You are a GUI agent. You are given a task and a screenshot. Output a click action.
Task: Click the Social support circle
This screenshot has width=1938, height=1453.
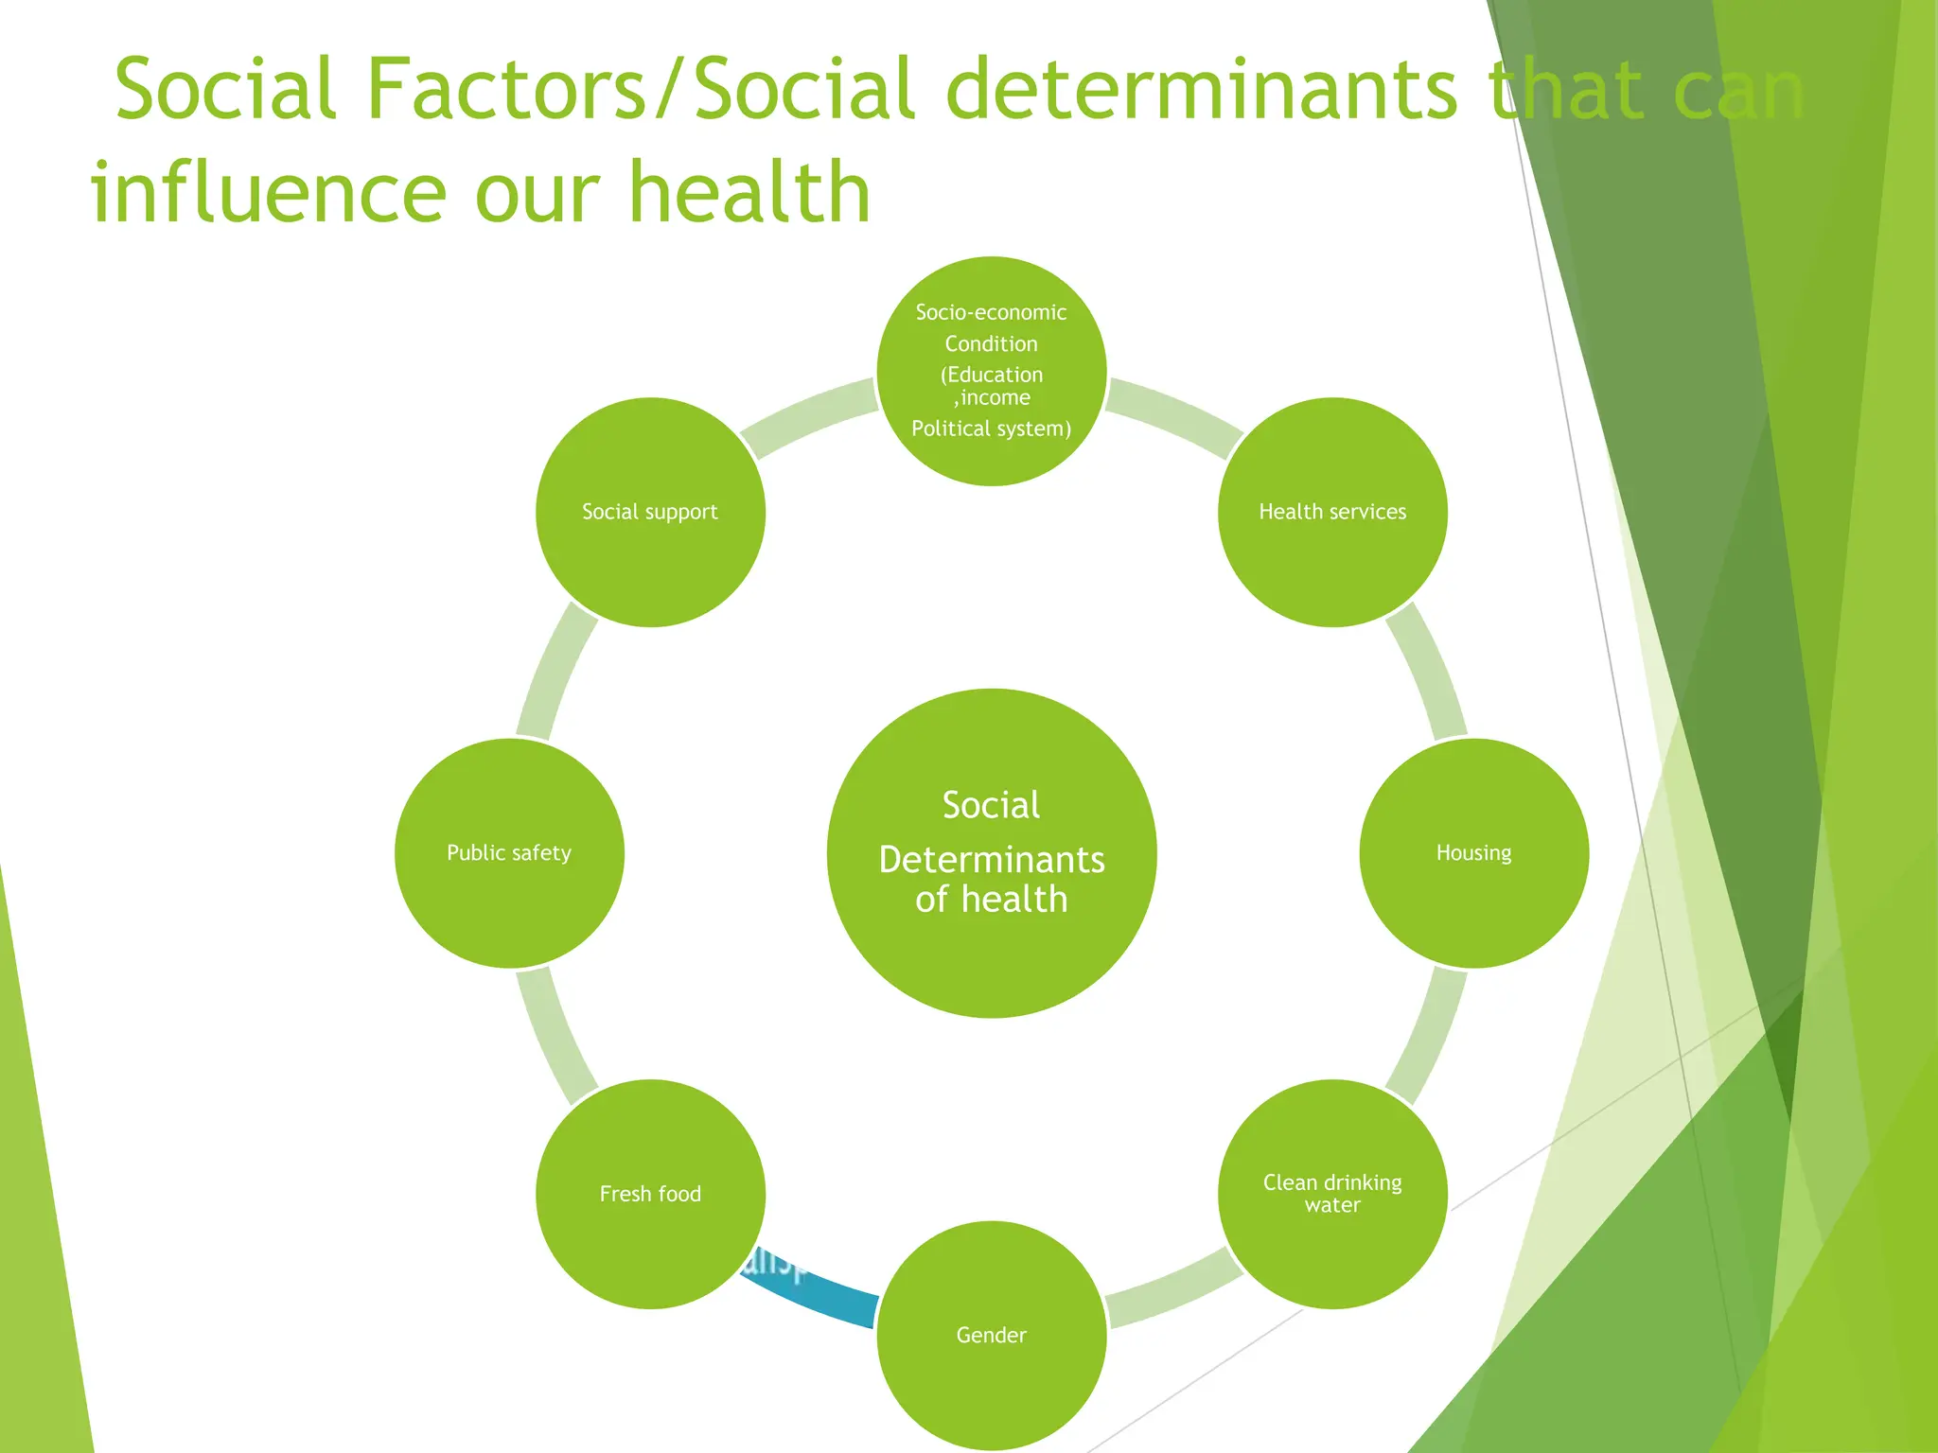pos(650,512)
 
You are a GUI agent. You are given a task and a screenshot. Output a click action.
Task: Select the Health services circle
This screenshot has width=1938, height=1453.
pos(1332,512)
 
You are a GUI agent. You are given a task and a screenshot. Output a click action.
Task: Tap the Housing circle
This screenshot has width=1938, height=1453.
pos(1473,852)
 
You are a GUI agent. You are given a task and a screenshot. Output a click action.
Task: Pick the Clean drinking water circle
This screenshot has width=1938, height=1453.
pos(1332,1194)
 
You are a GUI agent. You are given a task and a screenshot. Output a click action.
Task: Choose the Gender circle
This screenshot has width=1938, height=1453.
pos(991,1335)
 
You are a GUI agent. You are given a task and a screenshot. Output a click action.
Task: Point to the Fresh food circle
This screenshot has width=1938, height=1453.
pos(650,1194)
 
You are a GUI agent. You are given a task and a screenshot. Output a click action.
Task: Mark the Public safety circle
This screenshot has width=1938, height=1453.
pos(509,852)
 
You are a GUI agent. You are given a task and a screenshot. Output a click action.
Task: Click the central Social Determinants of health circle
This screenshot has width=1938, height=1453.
pos(991,852)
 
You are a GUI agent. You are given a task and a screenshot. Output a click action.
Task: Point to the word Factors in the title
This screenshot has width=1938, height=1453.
pos(506,90)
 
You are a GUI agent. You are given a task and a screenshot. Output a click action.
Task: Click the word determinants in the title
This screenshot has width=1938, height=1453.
pos(1202,90)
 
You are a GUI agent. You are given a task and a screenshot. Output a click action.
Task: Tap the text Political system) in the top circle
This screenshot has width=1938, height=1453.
pos(991,429)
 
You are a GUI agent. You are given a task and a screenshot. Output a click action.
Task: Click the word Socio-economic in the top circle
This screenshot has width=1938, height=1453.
pos(991,312)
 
